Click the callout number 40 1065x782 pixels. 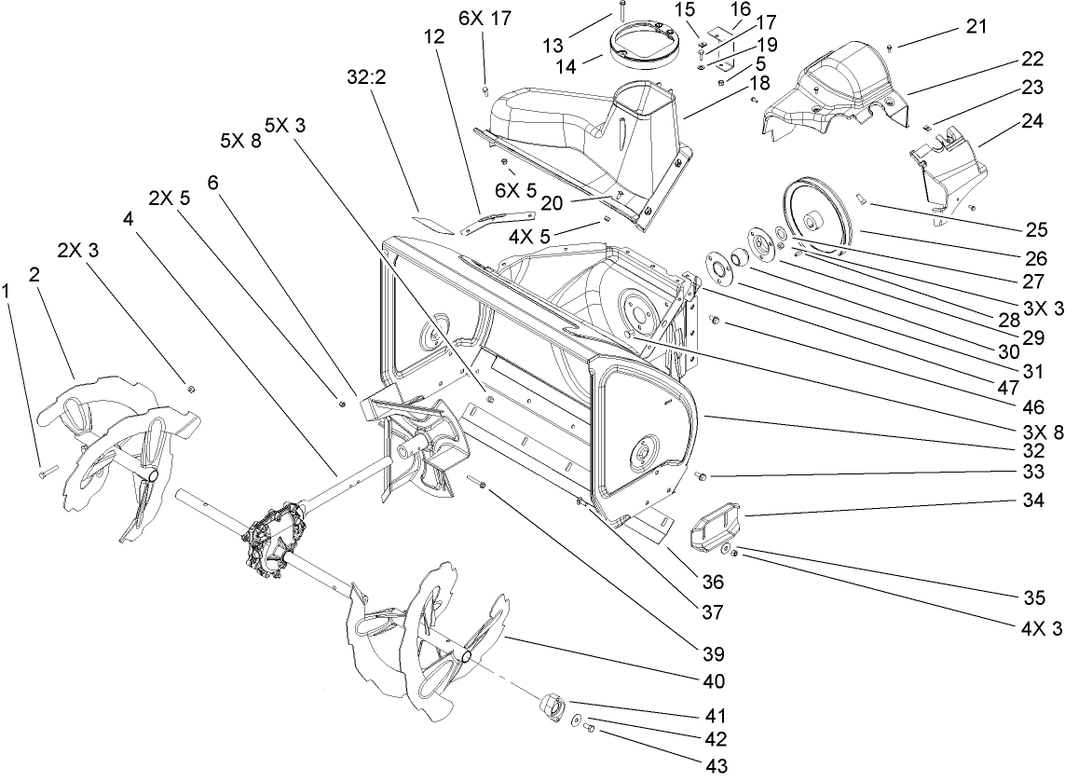click(x=714, y=681)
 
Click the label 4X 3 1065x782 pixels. click(x=1042, y=628)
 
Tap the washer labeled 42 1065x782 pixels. click(x=578, y=721)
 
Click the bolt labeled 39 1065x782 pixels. click(x=480, y=484)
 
